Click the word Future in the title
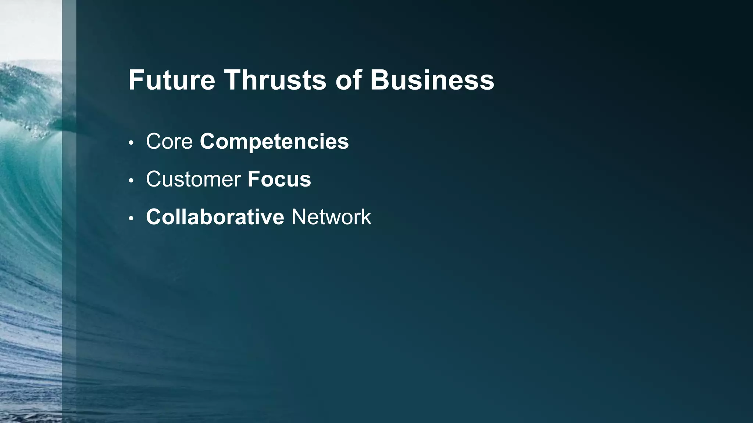[x=171, y=80]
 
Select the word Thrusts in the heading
[x=275, y=80]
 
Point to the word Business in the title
[x=432, y=80]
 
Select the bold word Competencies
[x=274, y=142]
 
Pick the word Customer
[x=193, y=179]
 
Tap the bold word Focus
[x=279, y=179]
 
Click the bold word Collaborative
[x=215, y=217]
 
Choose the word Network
[x=331, y=217]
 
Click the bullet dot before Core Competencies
[x=131, y=143]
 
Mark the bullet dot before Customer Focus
[x=131, y=181]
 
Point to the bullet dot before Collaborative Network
[x=131, y=218]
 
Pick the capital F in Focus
[x=254, y=179]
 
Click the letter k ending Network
[x=366, y=217]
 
